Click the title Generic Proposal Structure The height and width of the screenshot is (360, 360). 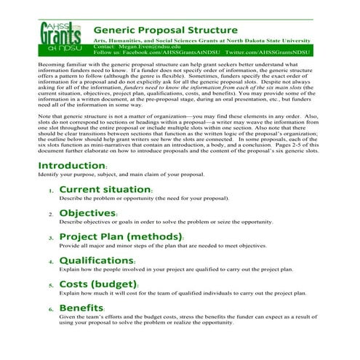tap(166, 30)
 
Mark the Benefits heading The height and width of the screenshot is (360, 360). tap(81, 308)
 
